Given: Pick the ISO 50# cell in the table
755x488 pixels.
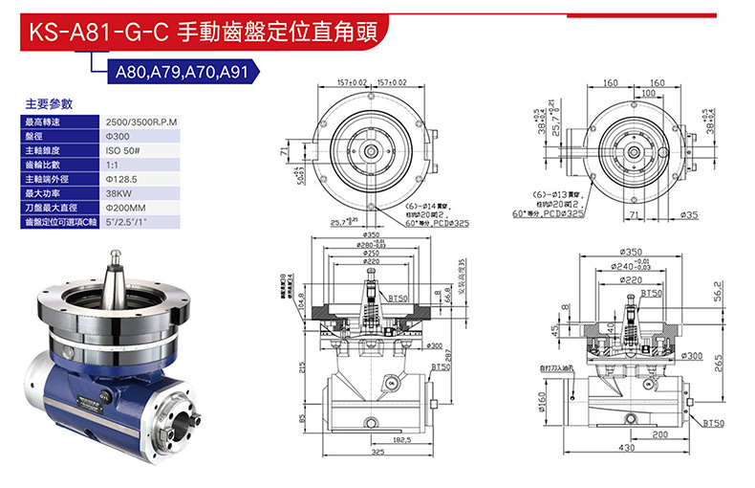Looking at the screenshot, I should click(x=124, y=150).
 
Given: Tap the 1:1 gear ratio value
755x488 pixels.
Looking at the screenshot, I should click(x=112, y=165).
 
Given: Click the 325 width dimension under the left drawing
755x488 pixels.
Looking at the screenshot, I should click(x=377, y=452).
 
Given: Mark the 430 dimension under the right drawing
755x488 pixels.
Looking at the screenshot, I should click(x=626, y=448).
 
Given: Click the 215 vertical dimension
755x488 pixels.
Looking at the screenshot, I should click(x=302, y=368).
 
